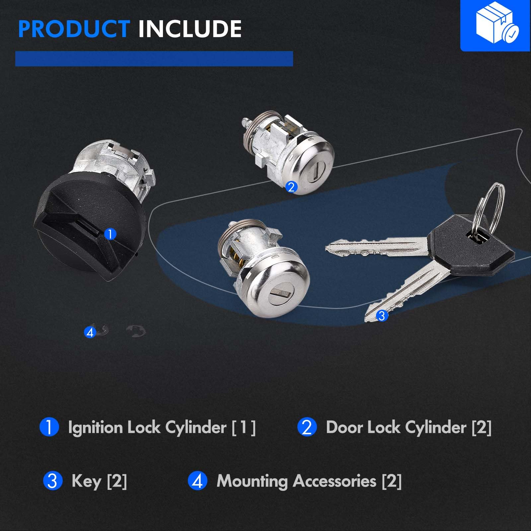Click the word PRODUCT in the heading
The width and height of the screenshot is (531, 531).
tap(74, 29)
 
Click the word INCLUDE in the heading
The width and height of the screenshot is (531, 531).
tap(190, 29)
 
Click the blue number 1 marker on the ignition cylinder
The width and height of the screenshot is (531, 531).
tap(110, 234)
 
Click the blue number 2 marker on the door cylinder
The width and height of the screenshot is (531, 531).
tap(291, 187)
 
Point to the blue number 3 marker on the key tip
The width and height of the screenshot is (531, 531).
tap(382, 315)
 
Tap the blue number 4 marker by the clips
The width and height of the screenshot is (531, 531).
tap(90, 332)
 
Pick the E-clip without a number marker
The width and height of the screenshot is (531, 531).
tap(136, 331)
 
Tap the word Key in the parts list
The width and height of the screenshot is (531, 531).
tap(86, 481)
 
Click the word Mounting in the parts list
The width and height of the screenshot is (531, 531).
tap(252, 482)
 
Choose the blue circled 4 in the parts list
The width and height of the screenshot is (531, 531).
tap(197, 481)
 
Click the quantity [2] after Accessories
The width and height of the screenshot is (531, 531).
tap(392, 481)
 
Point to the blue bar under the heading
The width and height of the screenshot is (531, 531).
tap(154, 59)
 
